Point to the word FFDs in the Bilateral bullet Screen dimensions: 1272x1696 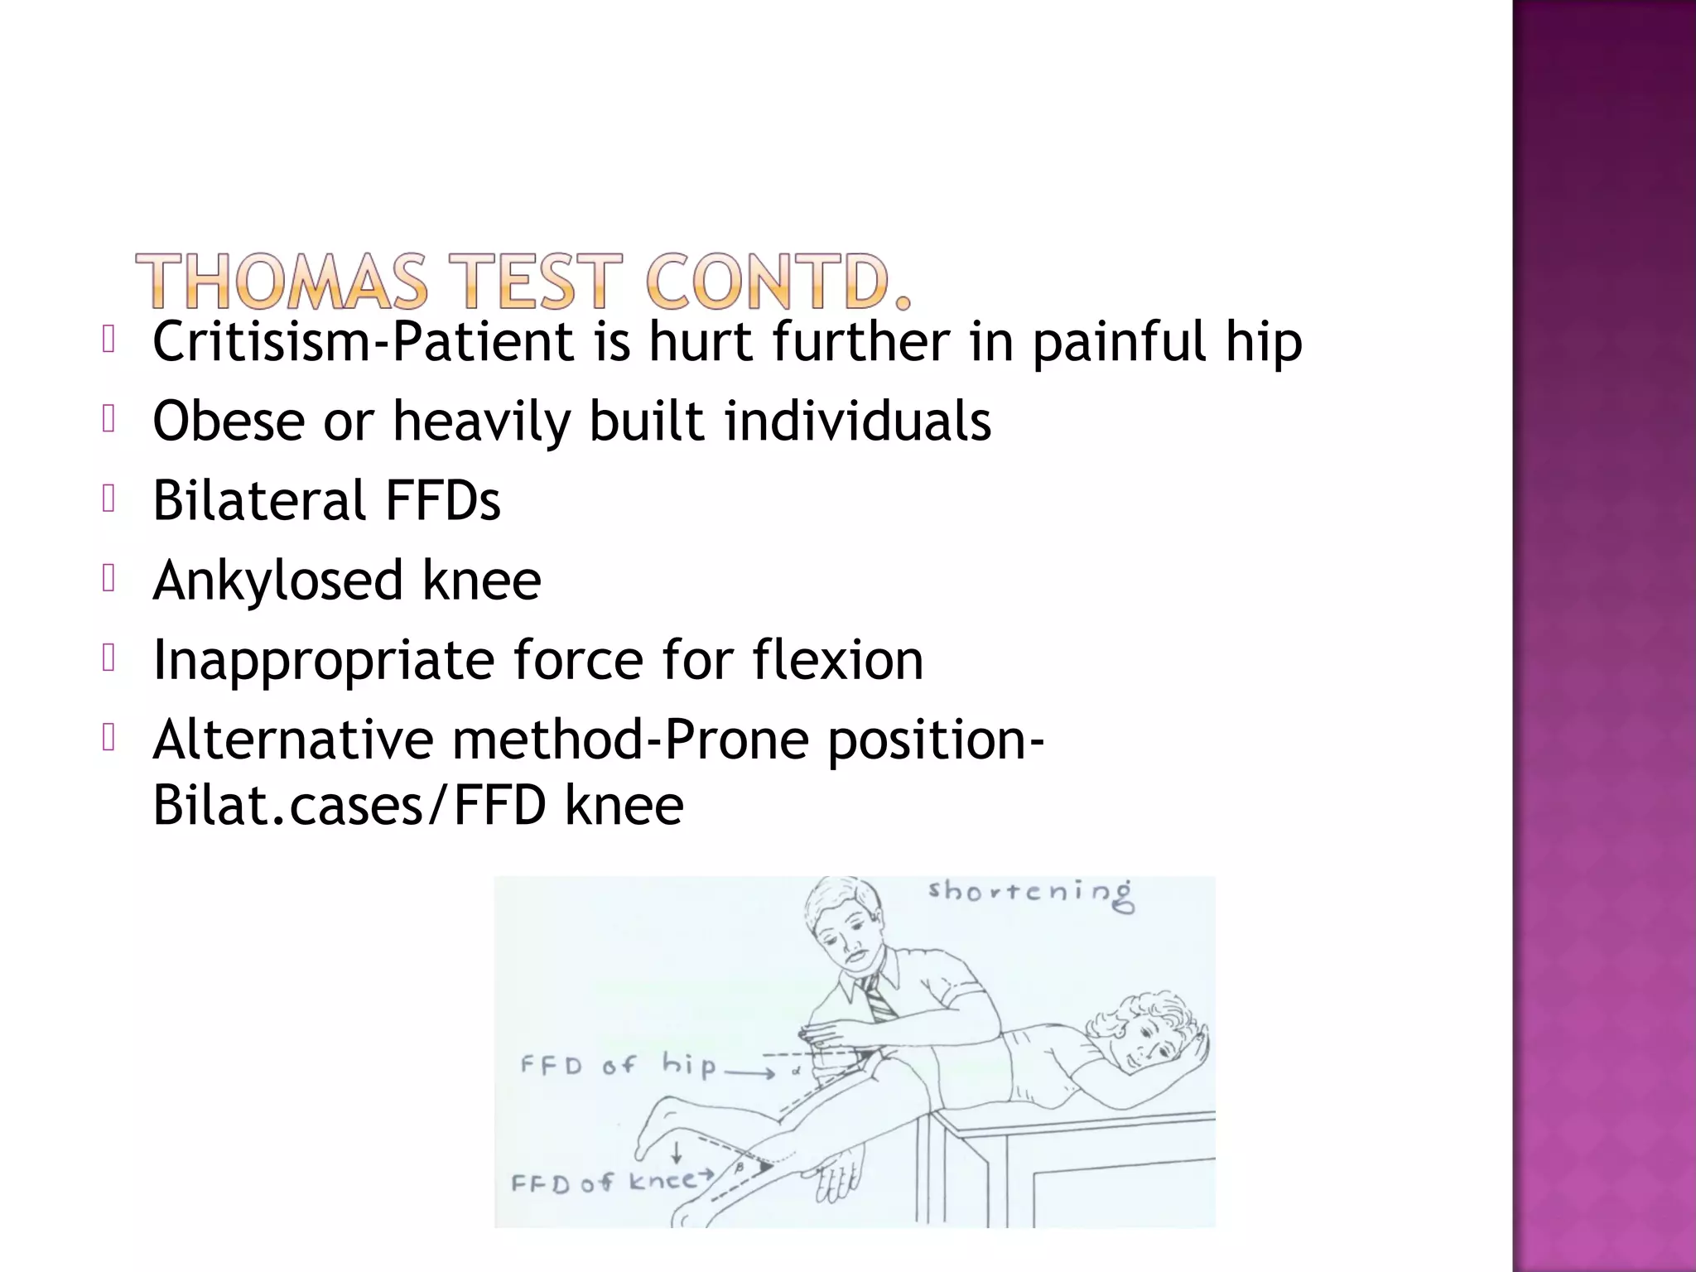pyautogui.click(x=443, y=500)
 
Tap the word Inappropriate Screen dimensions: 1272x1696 pyautogui.click(x=323, y=661)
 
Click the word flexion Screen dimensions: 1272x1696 pyautogui.click(x=837, y=659)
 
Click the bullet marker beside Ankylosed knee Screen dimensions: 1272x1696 pyautogui.click(x=108, y=579)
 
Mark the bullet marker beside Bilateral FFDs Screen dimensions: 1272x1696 pyautogui.click(x=108, y=499)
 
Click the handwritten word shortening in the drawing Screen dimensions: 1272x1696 pyautogui.click(x=1030, y=894)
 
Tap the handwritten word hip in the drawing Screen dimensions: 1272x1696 pyautogui.click(x=688, y=1065)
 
